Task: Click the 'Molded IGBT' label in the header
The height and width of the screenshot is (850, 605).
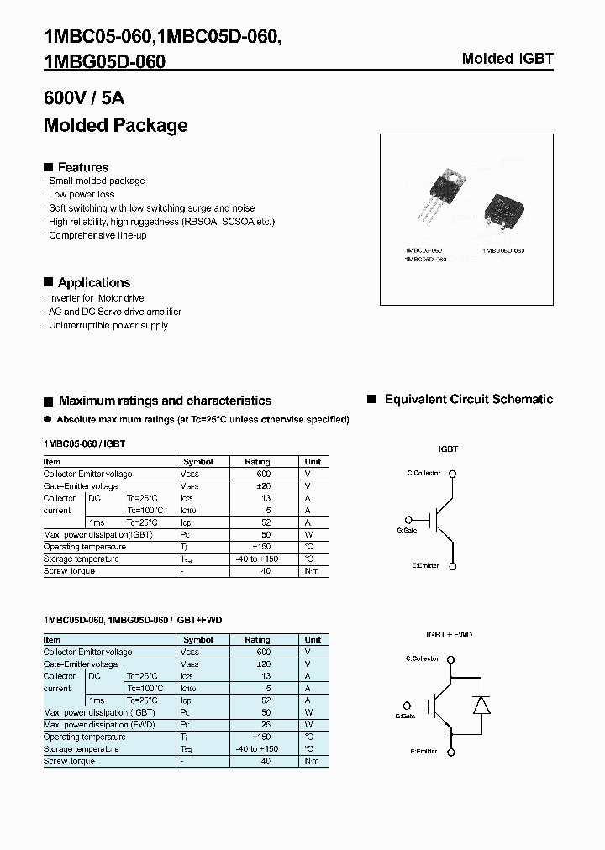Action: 508,59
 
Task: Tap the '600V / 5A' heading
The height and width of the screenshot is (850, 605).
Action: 84,98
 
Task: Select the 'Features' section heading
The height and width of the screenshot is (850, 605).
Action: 82,167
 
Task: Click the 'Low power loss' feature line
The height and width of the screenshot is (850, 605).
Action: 82,194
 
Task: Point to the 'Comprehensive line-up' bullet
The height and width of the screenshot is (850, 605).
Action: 97,235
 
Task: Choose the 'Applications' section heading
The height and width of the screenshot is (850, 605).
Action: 93,282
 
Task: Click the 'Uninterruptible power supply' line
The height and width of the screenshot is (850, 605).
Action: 108,325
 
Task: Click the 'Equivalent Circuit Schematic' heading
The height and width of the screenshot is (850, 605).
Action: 468,400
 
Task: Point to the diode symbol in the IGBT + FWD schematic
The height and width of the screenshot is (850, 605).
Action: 481,705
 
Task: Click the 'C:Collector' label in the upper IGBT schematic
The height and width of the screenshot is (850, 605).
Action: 423,473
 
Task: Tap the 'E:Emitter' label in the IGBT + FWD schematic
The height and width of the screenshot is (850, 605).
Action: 424,751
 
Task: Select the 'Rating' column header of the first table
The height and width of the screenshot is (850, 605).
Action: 257,462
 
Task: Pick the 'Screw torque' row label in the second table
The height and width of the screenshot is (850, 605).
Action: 69,761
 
